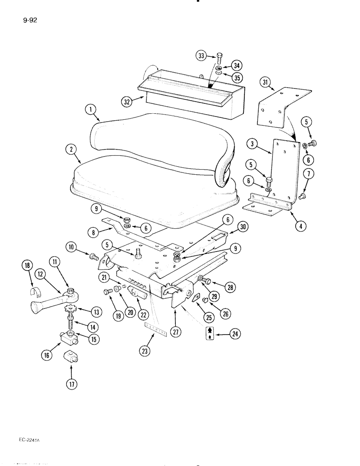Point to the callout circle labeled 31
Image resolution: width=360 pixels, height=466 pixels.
click(x=266, y=83)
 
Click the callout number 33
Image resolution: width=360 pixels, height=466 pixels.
click(x=201, y=56)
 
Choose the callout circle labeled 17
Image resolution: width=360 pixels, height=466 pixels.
click(x=71, y=384)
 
